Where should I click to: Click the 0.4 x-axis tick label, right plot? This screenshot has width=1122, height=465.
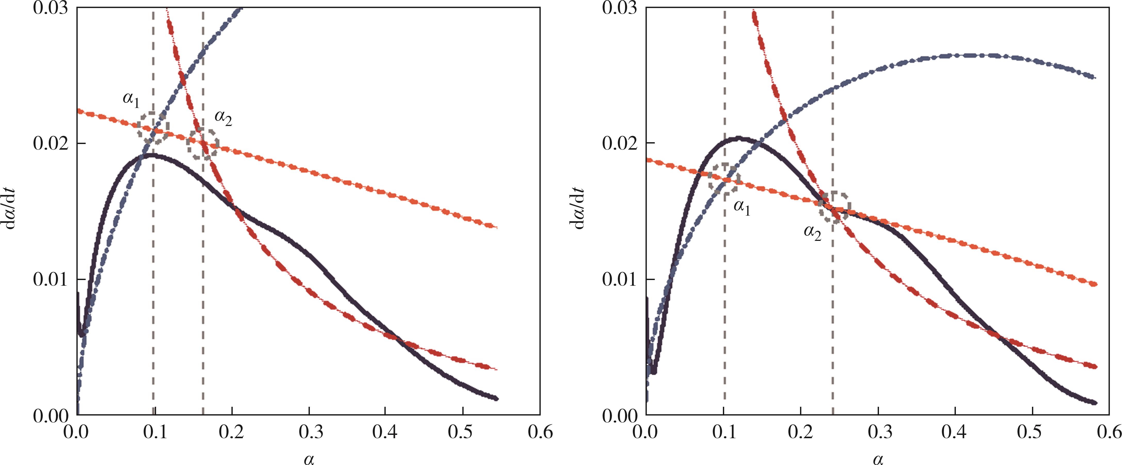point(955,433)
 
